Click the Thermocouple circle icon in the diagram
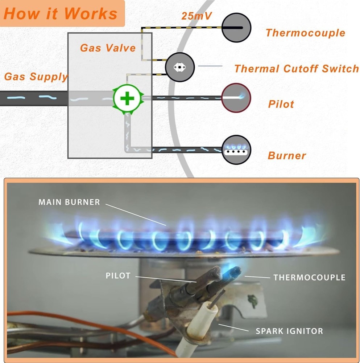236,28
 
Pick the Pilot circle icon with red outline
236,98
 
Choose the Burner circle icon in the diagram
236,150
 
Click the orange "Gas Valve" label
108,48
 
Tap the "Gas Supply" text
36,77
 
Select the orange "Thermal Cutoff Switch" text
296,69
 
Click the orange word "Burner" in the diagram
287,156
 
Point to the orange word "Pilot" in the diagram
281,104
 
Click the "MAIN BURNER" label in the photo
69,202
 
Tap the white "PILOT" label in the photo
118,276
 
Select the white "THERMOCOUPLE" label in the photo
309,278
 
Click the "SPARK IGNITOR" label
289,331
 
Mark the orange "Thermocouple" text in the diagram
305,33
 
